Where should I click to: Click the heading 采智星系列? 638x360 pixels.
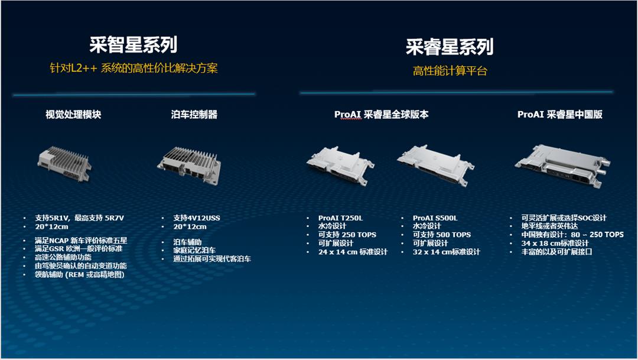coord(134,44)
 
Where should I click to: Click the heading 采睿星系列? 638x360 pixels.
coord(450,47)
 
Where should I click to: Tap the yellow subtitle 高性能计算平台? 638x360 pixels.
coord(450,71)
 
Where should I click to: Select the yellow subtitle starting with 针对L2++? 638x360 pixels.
coord(134,68)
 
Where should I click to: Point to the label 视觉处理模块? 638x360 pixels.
coord(73,115)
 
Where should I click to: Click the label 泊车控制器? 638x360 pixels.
coord(194,115)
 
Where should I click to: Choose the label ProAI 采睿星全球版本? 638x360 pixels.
coord(381,115)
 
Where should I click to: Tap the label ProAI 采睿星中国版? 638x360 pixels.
coord(560,115)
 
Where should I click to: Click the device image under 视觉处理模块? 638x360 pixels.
coord(65,164)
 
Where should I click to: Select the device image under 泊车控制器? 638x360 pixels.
coord(189,165)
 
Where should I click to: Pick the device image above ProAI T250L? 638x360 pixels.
coord(340,164)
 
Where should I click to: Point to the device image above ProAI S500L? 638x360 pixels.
coord(435,165)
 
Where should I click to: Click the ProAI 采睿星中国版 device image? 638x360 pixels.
coord(563,166)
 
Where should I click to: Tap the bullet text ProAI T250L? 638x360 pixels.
coord(341,218)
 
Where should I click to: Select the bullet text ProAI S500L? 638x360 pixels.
coord(435,218)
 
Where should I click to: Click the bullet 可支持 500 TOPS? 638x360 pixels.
coord(441,235)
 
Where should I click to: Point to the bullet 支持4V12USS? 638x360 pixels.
coord(197,218)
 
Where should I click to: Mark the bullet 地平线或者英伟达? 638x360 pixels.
coord(550,226)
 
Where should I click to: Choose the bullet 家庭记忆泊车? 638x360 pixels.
coord(194,250)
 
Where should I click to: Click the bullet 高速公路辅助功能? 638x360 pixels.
coord(63,257)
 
